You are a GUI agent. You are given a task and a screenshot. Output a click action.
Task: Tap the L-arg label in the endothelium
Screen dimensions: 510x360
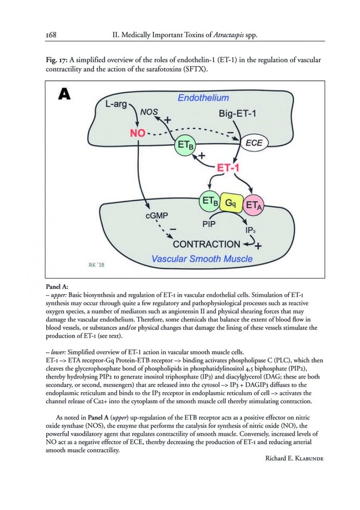click(116, 105)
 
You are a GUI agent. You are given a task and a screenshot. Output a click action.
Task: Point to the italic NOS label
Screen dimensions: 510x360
click(150, 112)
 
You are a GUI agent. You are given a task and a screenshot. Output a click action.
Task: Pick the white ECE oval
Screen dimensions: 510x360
click(254, 143)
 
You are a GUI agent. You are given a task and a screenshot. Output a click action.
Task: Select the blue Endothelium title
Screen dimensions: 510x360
click(203, 98)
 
